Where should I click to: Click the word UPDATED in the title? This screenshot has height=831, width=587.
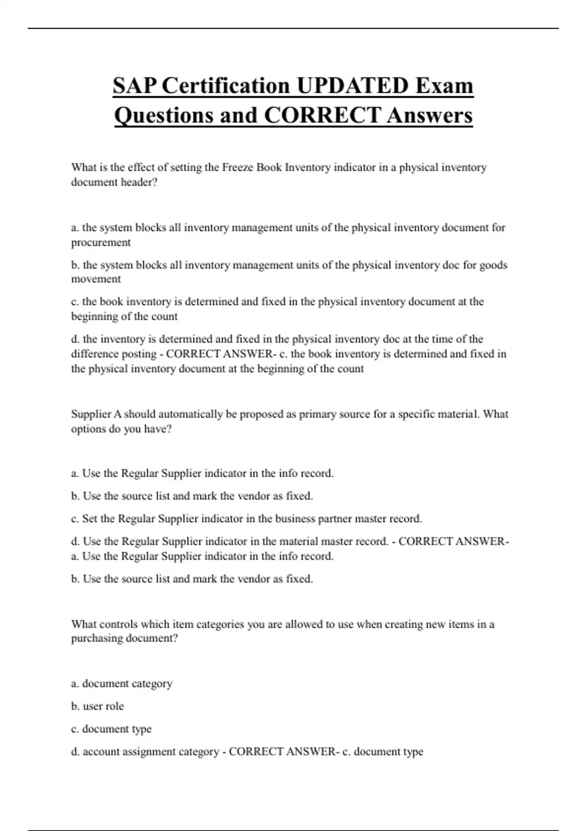click(x=352, y=86)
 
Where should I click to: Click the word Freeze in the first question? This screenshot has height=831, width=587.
click(x=238, y=168)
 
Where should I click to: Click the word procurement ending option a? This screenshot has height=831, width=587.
click(x=101, y=242)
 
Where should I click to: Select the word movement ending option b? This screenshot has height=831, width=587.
click(x=96, y=279)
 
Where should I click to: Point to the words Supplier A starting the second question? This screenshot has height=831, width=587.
click(x=96, y=414)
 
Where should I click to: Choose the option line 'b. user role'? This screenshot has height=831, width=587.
click(x=97, y=706)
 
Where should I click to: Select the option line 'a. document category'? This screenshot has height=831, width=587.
click(x=121, y=683)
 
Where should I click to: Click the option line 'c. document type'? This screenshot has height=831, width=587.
click(x=111, y=729)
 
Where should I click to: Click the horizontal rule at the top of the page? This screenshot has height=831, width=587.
click(x=293, y=28)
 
